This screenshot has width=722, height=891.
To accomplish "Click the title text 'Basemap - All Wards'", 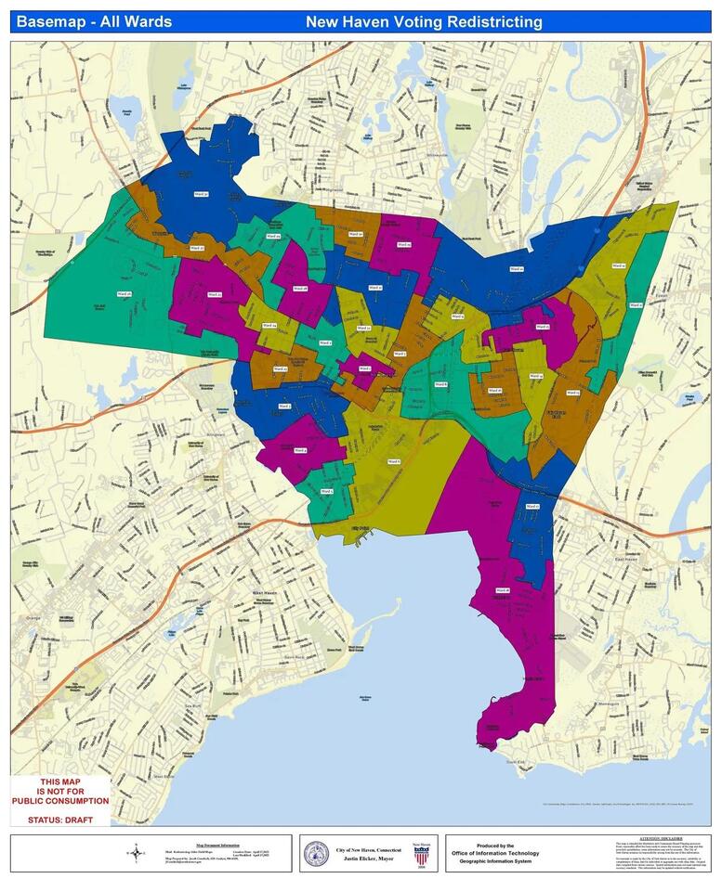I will click(x=95, y=21).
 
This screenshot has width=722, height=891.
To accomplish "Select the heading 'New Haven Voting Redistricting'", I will click(x=424, y=21).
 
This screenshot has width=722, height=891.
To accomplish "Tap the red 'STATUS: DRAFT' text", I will click(x=59, y=818).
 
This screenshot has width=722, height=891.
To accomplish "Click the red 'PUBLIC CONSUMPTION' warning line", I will click(x=59, y=800).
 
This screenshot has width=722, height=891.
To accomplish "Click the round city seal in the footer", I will click(x=317, y=853).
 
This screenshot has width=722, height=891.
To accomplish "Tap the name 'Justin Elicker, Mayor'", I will click(x=370, y=859).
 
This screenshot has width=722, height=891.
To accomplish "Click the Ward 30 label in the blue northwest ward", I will click(x=201, y=194).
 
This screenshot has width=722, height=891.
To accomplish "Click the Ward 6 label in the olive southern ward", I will click(x=394, y=461).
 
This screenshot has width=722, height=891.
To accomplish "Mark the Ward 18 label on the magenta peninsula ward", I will click(x=503, y=590).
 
